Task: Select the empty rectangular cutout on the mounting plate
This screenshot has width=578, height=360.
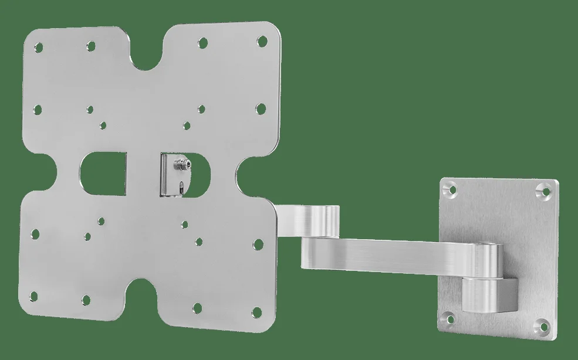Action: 103,174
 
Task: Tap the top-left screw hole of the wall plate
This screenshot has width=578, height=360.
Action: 449,189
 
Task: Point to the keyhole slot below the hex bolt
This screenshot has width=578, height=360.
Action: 182,187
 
